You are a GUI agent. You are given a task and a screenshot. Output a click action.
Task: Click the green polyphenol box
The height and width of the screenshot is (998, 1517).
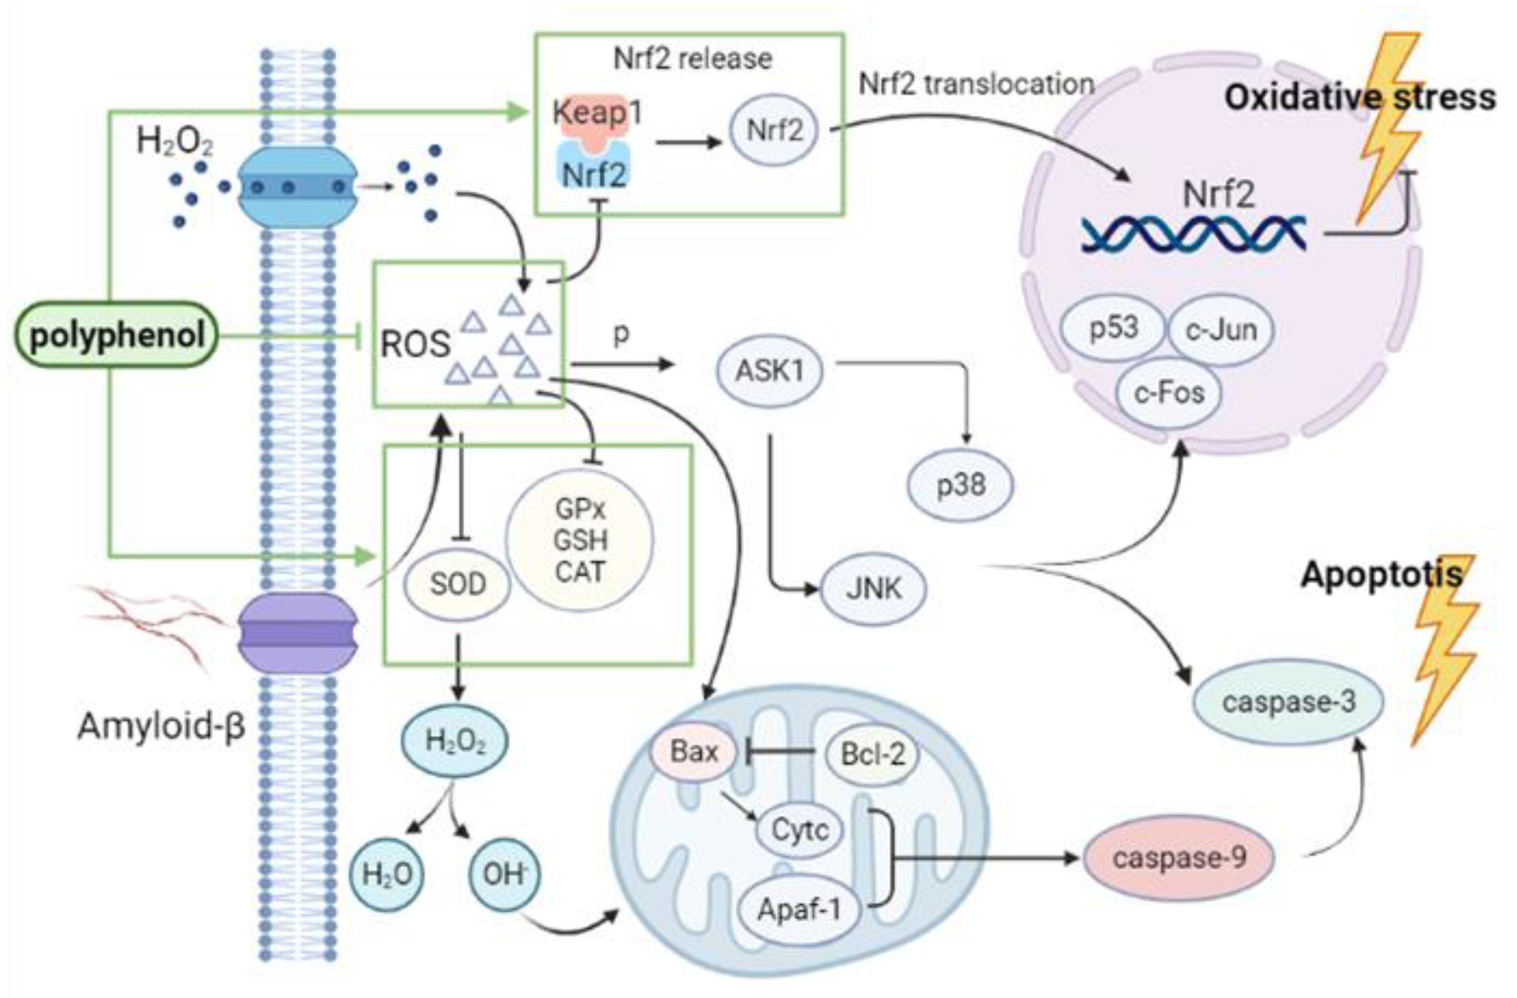116,335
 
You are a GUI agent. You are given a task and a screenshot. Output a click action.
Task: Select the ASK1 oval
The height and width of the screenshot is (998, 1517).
770,371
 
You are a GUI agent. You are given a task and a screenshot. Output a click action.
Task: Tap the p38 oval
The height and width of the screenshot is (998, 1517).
960,485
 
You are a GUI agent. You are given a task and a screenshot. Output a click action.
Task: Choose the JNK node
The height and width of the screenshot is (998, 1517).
873,588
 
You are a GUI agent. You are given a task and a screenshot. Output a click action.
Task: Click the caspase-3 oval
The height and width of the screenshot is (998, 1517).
1287,702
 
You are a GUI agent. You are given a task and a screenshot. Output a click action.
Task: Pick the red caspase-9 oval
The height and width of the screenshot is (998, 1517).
1179,858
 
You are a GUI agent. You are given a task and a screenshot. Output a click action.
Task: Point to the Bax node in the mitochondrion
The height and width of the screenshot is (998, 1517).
694,752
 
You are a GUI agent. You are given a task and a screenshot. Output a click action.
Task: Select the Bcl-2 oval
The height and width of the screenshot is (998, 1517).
873,754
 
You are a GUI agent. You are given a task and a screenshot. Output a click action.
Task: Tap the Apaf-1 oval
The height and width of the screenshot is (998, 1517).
799,909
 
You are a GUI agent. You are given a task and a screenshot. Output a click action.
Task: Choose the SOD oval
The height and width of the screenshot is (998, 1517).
457,584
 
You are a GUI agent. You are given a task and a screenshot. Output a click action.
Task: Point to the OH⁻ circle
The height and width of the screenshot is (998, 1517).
504,874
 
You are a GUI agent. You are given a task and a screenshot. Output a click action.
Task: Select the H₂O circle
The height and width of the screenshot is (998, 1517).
387,874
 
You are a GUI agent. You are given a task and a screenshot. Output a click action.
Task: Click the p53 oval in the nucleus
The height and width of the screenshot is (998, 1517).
1114,328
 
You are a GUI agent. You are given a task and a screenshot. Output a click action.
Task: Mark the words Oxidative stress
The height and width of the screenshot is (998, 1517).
1360,98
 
